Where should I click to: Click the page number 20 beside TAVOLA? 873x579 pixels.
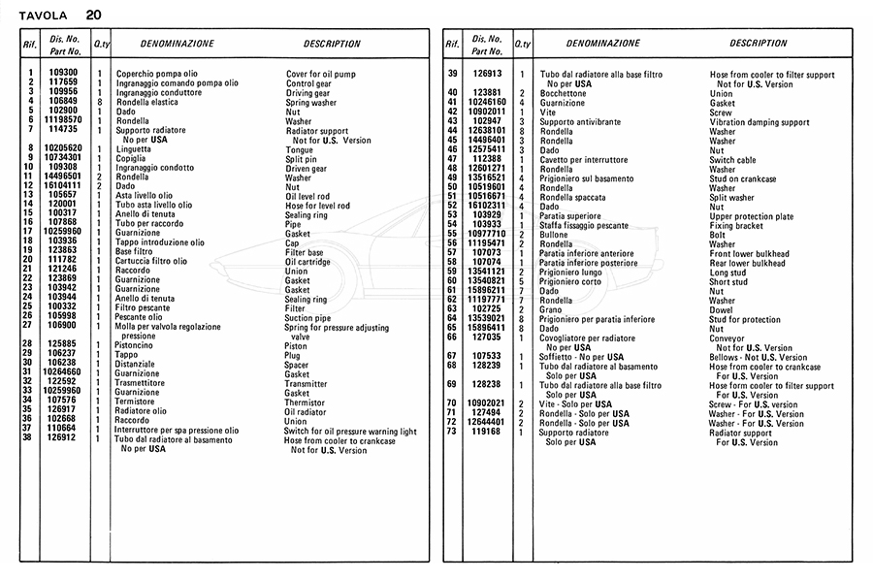pyautogui.click(x=92, y=15)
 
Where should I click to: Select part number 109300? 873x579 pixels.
pyautogui.click(x=63, y=73)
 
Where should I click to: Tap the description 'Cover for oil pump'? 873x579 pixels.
pyautogui.click(x=321, y=74)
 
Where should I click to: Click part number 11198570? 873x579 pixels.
pyautogui.click(x=63, y=119)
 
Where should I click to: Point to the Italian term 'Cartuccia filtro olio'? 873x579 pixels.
pyautogui.click(x=151, y=261)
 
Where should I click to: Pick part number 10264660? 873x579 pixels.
pyautogui.click(x=63, y=372)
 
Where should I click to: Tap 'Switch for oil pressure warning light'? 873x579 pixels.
pyautogui.click(x=350, y=432)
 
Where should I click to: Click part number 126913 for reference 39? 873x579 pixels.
pyautogui.click(x=487, y=74)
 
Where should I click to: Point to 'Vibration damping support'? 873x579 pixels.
pyautogui.click(x=759, y=122)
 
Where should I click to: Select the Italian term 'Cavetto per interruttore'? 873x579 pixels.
pyautogui.click(x=583, y=159)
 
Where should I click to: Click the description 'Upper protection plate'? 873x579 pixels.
pyautogui.click(x=751, y=215)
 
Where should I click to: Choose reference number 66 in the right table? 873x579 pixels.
pyautogui.click(x=452, y=338)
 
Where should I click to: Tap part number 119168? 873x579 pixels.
pyautogui.click(x=487, y=432)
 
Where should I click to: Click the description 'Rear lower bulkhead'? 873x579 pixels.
pyautogui.click(x=746, y=262)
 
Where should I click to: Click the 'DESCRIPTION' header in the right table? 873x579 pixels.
pyautogui.click(x=759, y=44)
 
